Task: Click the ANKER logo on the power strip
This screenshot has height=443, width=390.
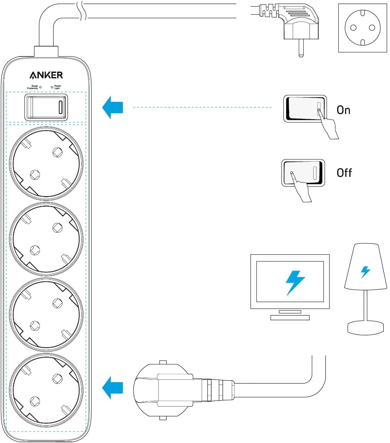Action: (46, 75)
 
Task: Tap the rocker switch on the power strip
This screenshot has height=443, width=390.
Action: (46, 107)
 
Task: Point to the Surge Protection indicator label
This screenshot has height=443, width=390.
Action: (32, 87)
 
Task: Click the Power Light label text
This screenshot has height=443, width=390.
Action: (58, 87)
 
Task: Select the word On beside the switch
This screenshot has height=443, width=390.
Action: (343, 110)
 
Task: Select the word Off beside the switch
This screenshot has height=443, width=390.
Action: (344, 173)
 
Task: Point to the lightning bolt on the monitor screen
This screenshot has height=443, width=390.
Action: (295, 282)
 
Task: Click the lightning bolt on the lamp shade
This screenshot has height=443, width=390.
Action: (365, 272)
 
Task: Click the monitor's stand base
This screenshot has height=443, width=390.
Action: (290, 317)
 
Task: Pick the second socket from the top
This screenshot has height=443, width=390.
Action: (46, 238)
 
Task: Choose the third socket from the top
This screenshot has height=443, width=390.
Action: (46, 313)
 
